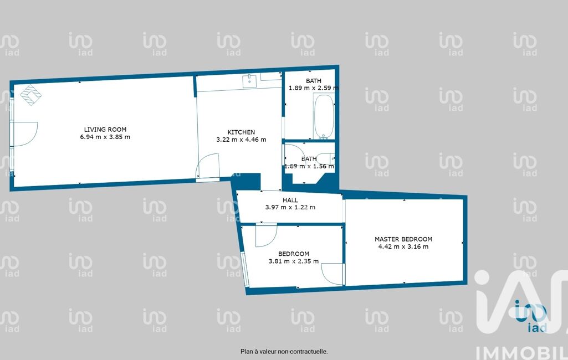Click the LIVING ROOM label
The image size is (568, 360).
(105, 129)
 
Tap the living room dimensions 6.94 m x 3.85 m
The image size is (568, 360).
(105, 137)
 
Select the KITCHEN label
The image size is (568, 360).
(241, 132)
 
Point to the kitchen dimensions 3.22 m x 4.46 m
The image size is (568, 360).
(241, 140)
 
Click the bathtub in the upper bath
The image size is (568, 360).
(324, 117)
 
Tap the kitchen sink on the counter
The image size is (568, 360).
(249, 81)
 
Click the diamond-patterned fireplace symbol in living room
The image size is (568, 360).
(30, 95)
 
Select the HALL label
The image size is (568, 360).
(290, 200)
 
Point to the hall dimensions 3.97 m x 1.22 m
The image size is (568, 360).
(290, 208)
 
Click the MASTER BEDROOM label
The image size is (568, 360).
(403, 239)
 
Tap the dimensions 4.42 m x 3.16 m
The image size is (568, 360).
(403, 246)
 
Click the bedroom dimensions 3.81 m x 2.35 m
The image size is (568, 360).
(293, 261)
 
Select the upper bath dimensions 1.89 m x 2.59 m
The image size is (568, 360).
(313, 88)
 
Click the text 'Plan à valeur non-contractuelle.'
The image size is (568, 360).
(284, 351)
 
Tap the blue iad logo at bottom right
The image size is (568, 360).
(530, 316)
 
